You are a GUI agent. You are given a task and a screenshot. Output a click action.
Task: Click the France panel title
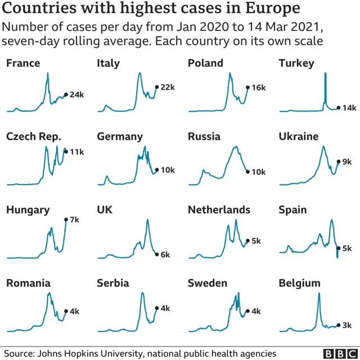pyautogui.click(x=23, y=63)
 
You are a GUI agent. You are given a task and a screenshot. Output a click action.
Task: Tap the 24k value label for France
pyautogui.click(x=76, y=94)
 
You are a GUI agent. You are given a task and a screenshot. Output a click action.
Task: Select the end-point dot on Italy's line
pyautogui.click(x=156, y=87)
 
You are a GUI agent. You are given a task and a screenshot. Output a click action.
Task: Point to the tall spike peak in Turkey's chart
pyautogui.click(x=325, y=74)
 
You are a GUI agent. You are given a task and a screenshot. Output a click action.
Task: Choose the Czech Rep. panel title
pyautogui.click(x=33, y=137)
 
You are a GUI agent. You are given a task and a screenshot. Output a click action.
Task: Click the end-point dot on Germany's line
pyautogui.click(x=156, y=169)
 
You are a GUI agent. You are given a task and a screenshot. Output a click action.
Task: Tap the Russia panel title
pyautogui.click(x=204, y=137)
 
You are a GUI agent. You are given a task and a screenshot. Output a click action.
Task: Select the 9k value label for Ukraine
pyautogui.click(x=347, y=161)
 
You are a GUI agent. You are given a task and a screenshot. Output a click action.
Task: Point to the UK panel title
pyautogui.click(x=105, y=210)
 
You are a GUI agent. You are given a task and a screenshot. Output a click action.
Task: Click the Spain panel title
pyautogui.click(x=292, y=210)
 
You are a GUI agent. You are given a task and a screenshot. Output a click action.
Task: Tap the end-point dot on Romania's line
pyautogui.click(x=66, y=311)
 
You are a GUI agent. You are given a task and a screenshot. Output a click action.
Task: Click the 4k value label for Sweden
pyautogui.click(x=256, y=311)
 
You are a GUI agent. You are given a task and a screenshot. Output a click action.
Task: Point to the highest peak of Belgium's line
pyautogui.click(x=319, y=294)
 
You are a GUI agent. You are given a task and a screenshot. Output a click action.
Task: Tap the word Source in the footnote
pyautogui.click(x=19, y=353)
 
